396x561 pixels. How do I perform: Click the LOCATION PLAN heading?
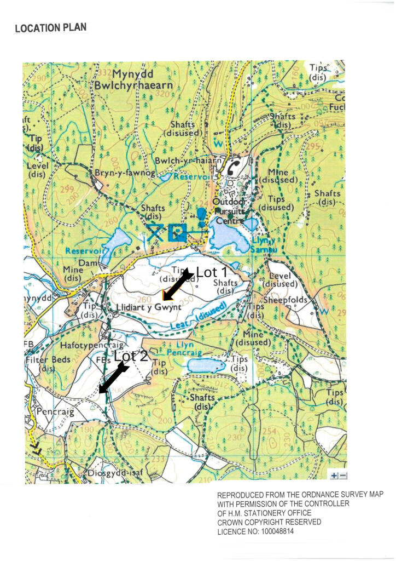coord(50,28)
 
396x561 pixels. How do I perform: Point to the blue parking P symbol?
coord(177,233)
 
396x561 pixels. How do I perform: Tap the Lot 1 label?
coord(211,272)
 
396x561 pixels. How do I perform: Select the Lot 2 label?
coord(131,356)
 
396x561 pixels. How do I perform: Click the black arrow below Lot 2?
coord(113,379)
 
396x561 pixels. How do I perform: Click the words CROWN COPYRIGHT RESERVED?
coord(269,522)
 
